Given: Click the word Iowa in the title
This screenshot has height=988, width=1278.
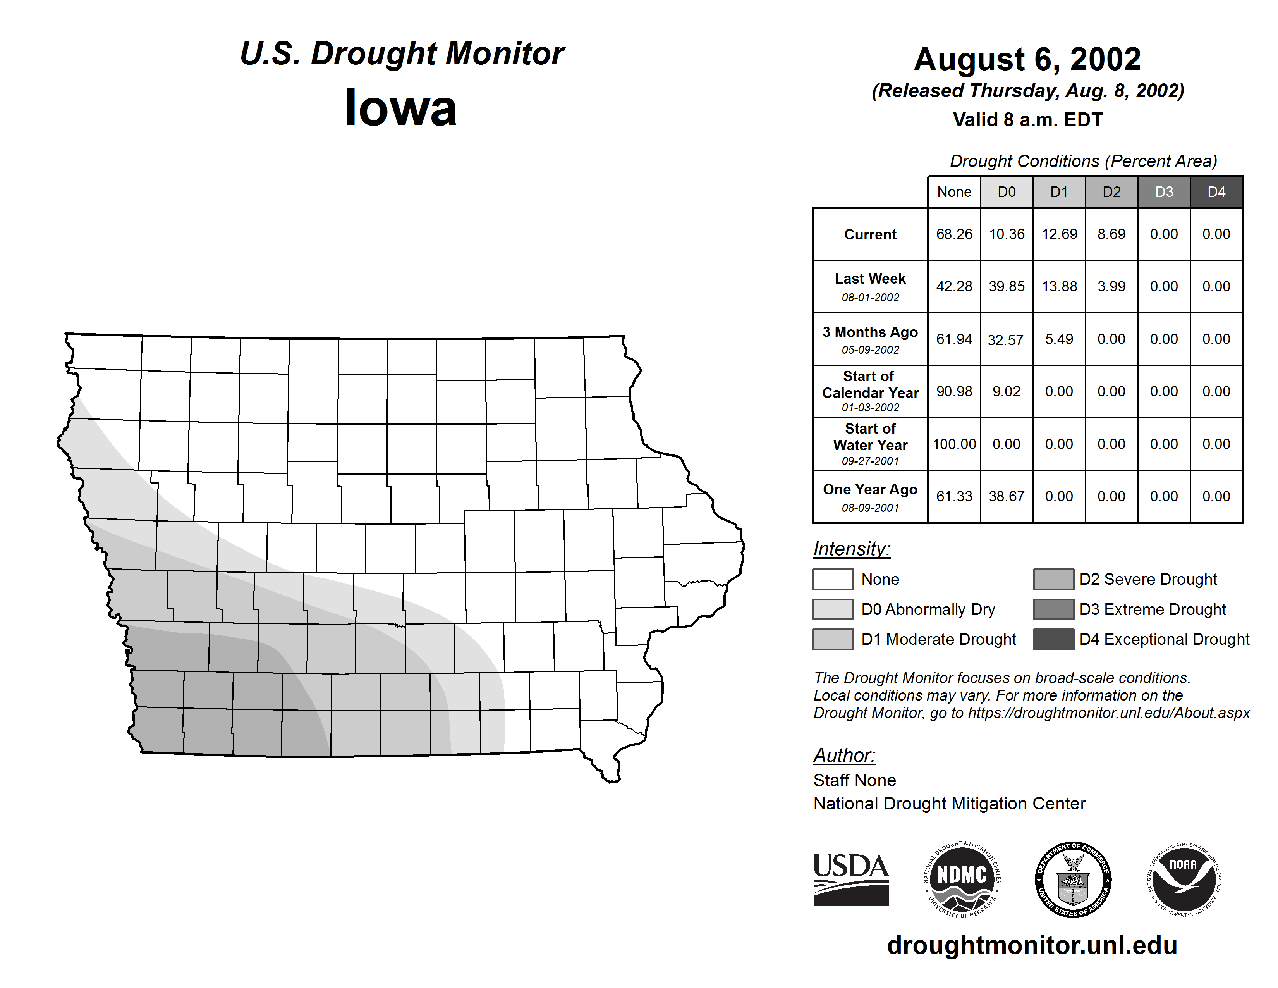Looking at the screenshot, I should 401,108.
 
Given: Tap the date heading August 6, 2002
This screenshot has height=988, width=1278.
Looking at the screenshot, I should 1027,59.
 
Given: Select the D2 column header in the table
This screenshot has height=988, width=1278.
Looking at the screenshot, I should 1111,192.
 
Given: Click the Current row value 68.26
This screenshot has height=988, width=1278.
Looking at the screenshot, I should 954,234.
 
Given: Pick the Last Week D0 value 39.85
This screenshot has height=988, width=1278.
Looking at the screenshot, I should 1007,286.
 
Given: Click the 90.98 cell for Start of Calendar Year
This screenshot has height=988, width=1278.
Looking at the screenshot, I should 954,391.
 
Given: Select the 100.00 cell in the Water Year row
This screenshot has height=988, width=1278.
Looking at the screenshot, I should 954,444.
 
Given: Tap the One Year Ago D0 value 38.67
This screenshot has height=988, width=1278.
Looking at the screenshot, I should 1007,496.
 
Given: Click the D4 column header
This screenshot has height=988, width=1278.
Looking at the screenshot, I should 1216,192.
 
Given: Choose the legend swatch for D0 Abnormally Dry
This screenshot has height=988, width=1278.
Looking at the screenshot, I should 833,609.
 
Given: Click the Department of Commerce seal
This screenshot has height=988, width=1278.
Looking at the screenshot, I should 1073,879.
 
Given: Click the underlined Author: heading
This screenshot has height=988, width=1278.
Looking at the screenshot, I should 844,755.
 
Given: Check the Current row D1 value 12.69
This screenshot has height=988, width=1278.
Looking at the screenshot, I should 1059,234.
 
